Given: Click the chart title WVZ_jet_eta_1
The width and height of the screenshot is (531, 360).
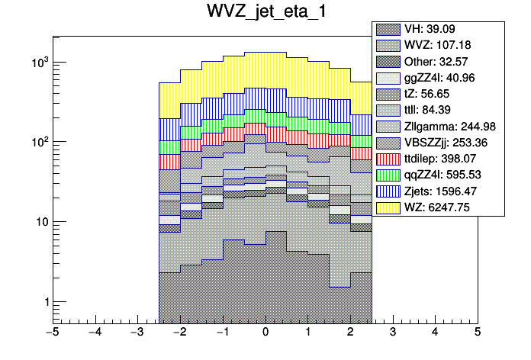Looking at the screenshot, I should pyautogui.click(x=265, y=13).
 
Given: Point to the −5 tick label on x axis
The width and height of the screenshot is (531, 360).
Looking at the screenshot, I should pyautogui.click(x=52, y=333).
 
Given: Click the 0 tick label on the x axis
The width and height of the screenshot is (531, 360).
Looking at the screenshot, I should pyautogui.click(x=265, y=333).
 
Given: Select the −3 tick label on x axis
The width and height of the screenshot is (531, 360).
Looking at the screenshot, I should pyautogui.click(x=137, y=333).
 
